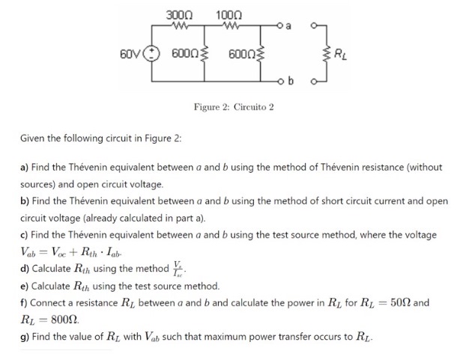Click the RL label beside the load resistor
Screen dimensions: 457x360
coord(339,53)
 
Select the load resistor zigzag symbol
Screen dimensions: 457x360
coord(324,53)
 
